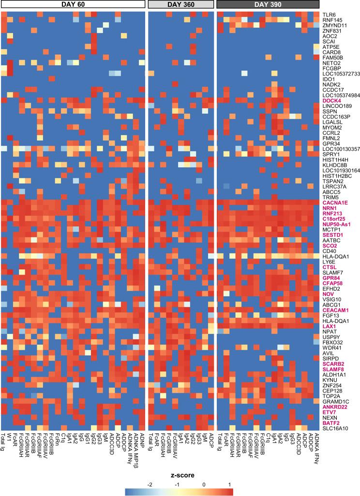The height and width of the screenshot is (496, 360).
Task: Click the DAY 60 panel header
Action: (73, 5)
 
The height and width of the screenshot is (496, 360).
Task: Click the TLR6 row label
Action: (329, 14)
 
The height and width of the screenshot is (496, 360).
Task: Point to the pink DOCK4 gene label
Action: (330, 100)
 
